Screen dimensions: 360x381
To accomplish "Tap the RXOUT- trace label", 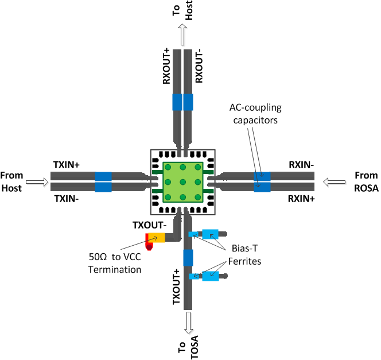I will coord(199,67).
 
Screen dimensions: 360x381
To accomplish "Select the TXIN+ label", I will coord(66,165).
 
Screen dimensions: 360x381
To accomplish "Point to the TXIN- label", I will coord(66,199).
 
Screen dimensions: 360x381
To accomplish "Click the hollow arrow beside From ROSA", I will coord(334,182).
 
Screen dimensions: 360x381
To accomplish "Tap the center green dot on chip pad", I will coord(183,182).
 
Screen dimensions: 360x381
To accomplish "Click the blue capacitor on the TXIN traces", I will coord(103,181).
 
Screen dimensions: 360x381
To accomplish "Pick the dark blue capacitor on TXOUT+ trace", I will coord(188,258).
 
